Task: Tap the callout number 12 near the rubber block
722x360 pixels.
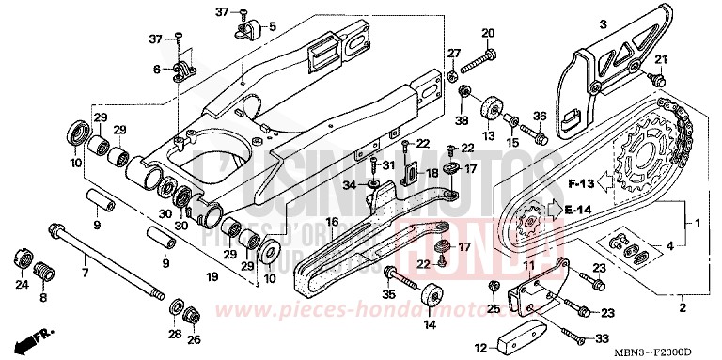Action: (481, 347)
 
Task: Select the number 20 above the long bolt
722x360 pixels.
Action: (488, 34)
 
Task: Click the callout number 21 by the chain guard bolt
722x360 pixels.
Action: (660, 61)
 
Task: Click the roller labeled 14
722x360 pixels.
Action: (430, 294)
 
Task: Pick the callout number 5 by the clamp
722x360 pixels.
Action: (272, 26)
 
